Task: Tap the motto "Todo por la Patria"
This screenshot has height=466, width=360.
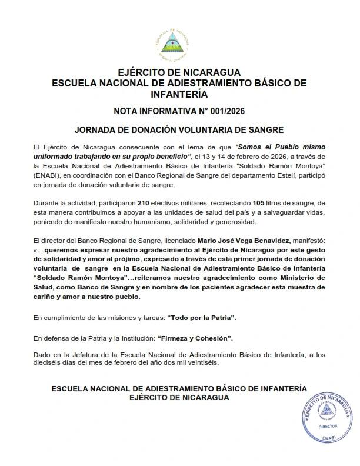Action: [x=202, y=318]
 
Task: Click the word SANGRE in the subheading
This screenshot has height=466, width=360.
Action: [x=266, y=128]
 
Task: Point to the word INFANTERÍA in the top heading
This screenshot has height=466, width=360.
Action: [x=179, y=93]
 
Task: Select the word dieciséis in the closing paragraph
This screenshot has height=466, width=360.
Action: [x=49, y=362]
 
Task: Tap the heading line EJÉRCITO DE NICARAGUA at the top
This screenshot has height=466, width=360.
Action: [x=179, y=72]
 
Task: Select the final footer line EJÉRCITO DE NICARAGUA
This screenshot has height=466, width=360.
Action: [x=179, y=397]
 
